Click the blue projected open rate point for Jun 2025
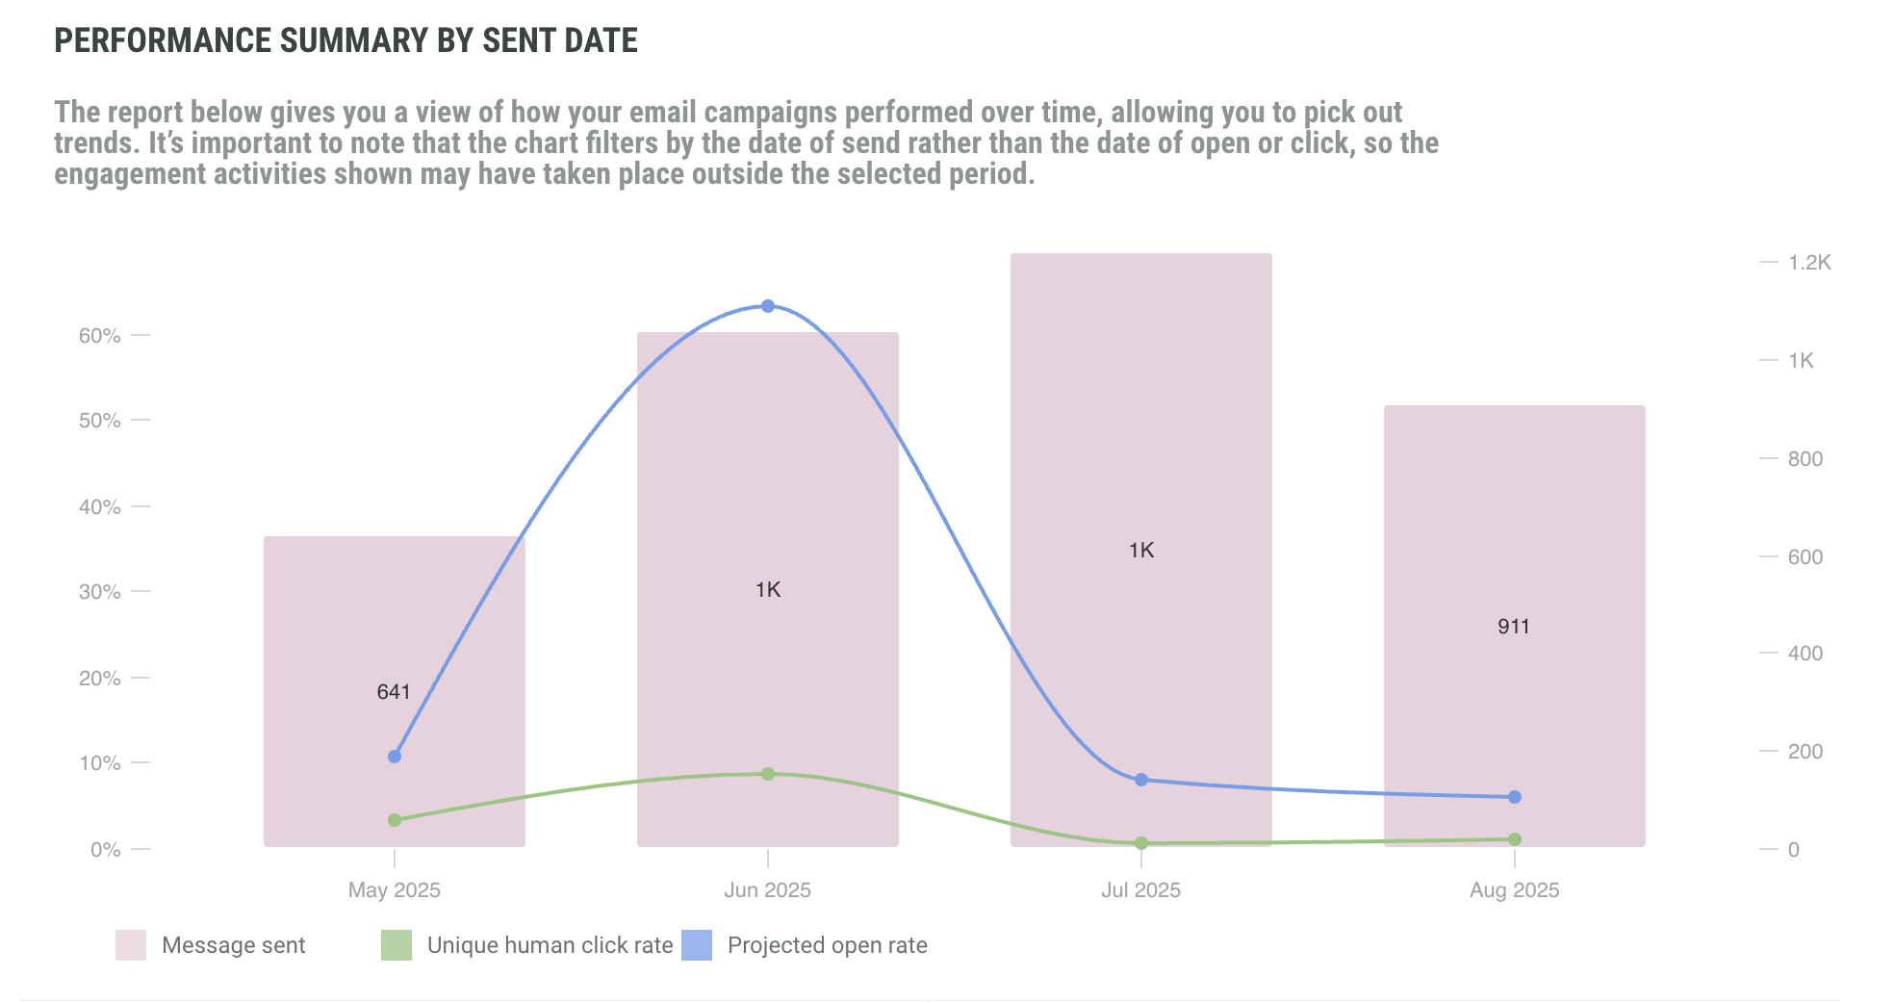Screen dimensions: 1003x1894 click(768, 306)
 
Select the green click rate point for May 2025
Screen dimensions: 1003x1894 click(395, 820)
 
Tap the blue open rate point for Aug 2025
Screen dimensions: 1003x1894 click(1515, 797)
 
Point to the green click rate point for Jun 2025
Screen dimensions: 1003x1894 click(768, 774)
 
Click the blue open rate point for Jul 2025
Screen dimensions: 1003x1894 click(1141, 780)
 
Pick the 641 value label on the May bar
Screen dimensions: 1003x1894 click(394, 692)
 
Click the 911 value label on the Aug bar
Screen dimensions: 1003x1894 click(1514, 627)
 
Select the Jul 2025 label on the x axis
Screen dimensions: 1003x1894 click(1140, 890)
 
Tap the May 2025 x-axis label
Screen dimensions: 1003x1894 click(394, 890)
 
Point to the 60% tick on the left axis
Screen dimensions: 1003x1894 click(100, 336)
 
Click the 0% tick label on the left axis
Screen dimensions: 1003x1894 click(105, 850)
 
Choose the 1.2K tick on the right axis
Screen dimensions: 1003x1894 click(1809, 263)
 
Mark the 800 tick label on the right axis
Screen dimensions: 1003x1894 click(1804, 459)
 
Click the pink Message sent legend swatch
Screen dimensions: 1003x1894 click(131, 945)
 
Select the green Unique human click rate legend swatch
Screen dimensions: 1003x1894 click(397, 945)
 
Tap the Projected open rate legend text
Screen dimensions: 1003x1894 click(827, 945)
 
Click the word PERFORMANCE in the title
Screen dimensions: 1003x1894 click(163, 40)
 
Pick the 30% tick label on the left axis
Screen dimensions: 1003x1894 click(100, 592)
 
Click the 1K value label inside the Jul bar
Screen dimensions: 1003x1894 click(1141, 551)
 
